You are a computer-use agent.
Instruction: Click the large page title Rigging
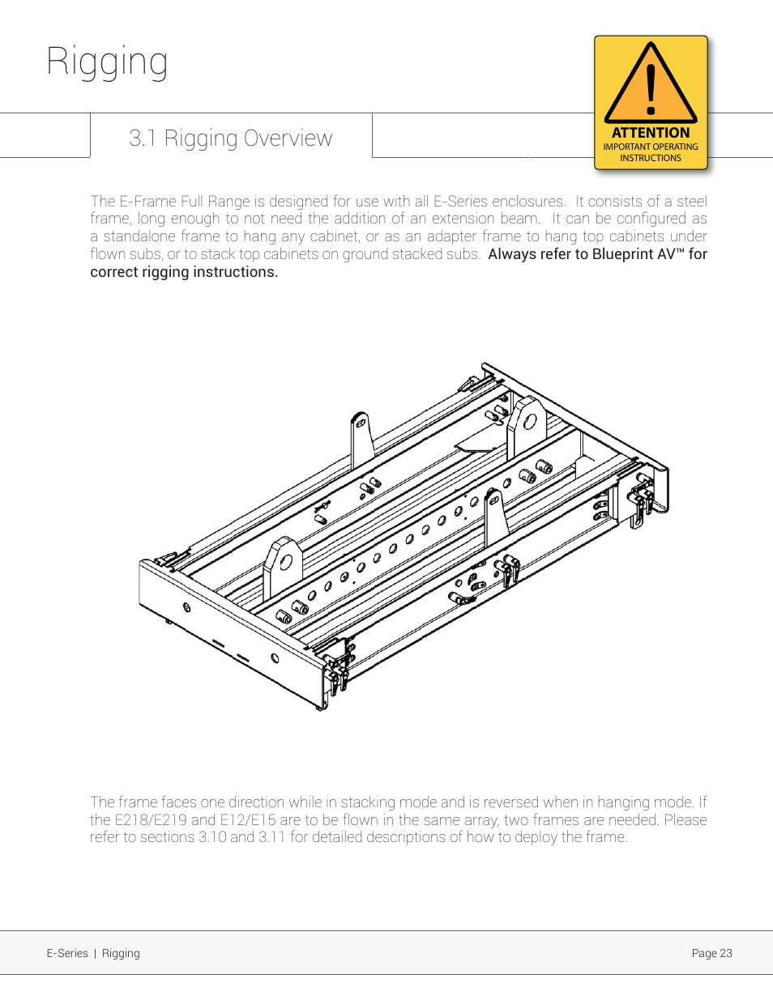click(107, 62)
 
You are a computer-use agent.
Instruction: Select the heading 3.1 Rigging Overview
click(230, 138)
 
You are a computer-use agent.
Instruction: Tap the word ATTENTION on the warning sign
click(651, 133)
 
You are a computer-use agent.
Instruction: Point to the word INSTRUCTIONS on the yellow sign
click(651, 159)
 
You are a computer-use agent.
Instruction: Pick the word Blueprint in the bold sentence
click(622, 254)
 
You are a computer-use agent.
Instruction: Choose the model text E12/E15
click(248, 820)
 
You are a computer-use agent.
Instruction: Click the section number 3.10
click(212, 837)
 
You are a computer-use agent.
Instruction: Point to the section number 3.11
click(272, 837)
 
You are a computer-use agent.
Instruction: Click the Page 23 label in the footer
click(711, 953)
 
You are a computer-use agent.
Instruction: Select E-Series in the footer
click(67, 953)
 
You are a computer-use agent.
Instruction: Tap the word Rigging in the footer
click(121, 953)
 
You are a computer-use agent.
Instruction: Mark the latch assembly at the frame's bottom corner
click(336, 669)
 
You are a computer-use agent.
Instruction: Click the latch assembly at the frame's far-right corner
click(643, 499)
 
